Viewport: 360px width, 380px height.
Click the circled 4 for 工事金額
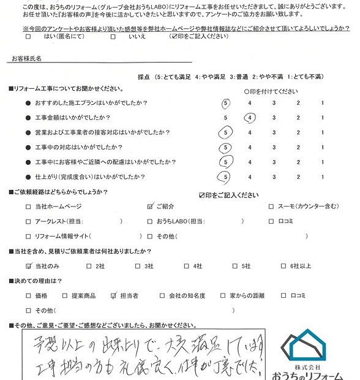pyautogui.click(x=250, y=117)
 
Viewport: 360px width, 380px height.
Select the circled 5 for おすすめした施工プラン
pyautogui.click(x=227, y=102)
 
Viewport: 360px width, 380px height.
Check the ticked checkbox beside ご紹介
pyautogui.click(x=150, y=207)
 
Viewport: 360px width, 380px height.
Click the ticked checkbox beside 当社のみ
pyautogui.click(x=28, y=266)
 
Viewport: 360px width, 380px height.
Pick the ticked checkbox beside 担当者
pyautogui.click(x=114, y=295)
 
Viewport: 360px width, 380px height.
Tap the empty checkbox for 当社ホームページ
pyautogui.click(x=28, y=207)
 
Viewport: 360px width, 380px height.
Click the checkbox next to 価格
pyautogui.click(x=28, y=295)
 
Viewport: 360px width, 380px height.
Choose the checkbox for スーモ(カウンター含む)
pyautogui.click(x=271, y=207)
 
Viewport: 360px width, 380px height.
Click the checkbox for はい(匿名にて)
pyautogui.click(x=28, y=37)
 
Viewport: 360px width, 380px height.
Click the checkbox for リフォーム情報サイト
pyautogui.click(x=28, y=236)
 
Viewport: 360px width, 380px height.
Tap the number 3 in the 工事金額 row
pyautogui.click(x=274, y=117)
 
